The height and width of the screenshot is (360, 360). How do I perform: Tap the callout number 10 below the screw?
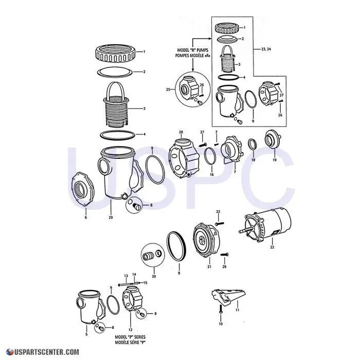tap(220, 325)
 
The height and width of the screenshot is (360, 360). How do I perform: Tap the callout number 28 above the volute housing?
tap(181, 133)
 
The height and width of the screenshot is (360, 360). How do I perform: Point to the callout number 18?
tap(253, 160)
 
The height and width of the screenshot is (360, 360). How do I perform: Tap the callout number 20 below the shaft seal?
tap(154, 277)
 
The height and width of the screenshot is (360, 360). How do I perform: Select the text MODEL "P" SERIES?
tap(130, 337)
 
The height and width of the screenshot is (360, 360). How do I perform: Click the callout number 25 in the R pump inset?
tap(168, 90)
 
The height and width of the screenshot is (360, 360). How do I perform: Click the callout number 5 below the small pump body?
tap(86, 335)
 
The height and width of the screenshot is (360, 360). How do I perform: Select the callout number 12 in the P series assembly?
tap(130, 330)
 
